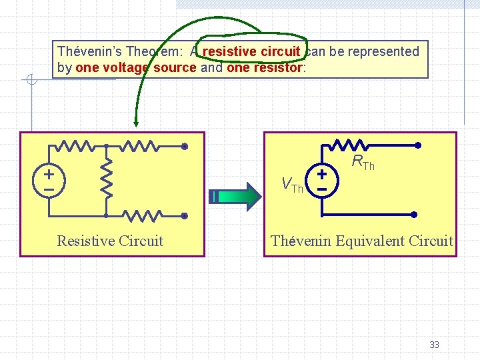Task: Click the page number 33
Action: (x=434, y=345)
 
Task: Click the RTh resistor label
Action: (x=363, y=162)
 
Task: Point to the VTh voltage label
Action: (x=292, y=185)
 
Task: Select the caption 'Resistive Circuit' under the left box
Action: (x=110, y=241)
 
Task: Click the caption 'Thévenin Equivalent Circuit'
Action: (x=362, y=241)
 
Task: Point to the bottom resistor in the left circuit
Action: (x=143, y=215)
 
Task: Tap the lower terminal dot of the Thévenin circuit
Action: (x=413, y=215)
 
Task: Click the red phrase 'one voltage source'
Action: (x=136, y=67)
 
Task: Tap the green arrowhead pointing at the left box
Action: (x=135, y=121)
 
